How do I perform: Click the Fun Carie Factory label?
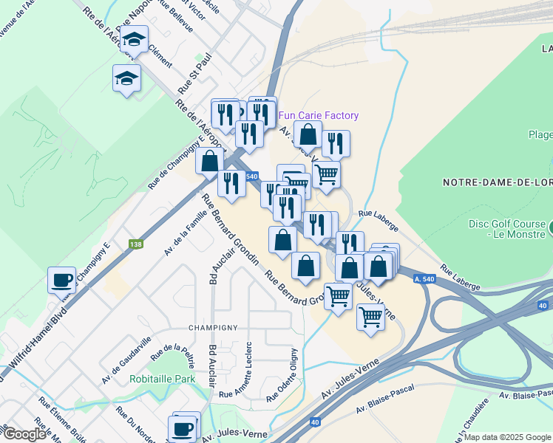[319, 115]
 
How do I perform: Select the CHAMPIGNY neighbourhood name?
[214, 327]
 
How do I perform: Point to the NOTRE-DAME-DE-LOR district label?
[497, 182]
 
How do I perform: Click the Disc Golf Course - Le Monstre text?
[508, 229]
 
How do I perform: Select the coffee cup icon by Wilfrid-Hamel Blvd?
[62, 280]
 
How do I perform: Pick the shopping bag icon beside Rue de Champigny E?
[210, 160]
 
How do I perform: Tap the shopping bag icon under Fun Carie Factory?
[308, 134]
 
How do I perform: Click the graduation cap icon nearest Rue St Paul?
[126, 78]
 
